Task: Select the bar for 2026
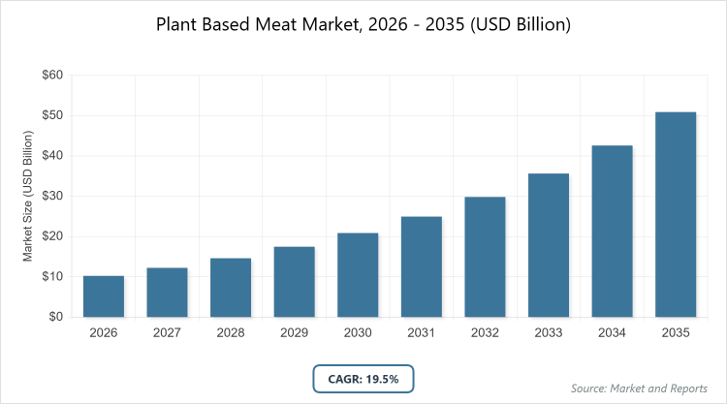[x=104, y=296]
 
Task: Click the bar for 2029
[x=294, y=282]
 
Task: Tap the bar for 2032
[x=485, y=257]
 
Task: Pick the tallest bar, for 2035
[x=676, y=214]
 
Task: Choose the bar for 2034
[x=612, y=231]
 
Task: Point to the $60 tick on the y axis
[x=51, y=75]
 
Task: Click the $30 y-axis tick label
[x=51, y=196]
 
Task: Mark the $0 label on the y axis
[x=55, y=317]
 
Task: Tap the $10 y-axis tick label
[x=51, y=276]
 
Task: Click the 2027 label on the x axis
[x=167, y=334]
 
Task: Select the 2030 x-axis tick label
[x=358, y=334]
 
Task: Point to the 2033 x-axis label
[x=549, y=334]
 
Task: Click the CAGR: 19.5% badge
[x=363, y=377]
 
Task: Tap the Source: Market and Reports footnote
[x=639, y=388]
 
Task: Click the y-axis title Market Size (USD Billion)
[x=29, y=196]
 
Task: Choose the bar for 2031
[x=422, y=266]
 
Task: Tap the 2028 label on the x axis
[x=231, y=334]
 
